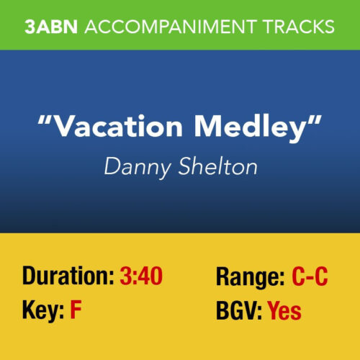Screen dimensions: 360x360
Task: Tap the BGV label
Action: click(x=238, y=311)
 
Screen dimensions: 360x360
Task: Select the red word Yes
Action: click(x=284, y=311)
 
